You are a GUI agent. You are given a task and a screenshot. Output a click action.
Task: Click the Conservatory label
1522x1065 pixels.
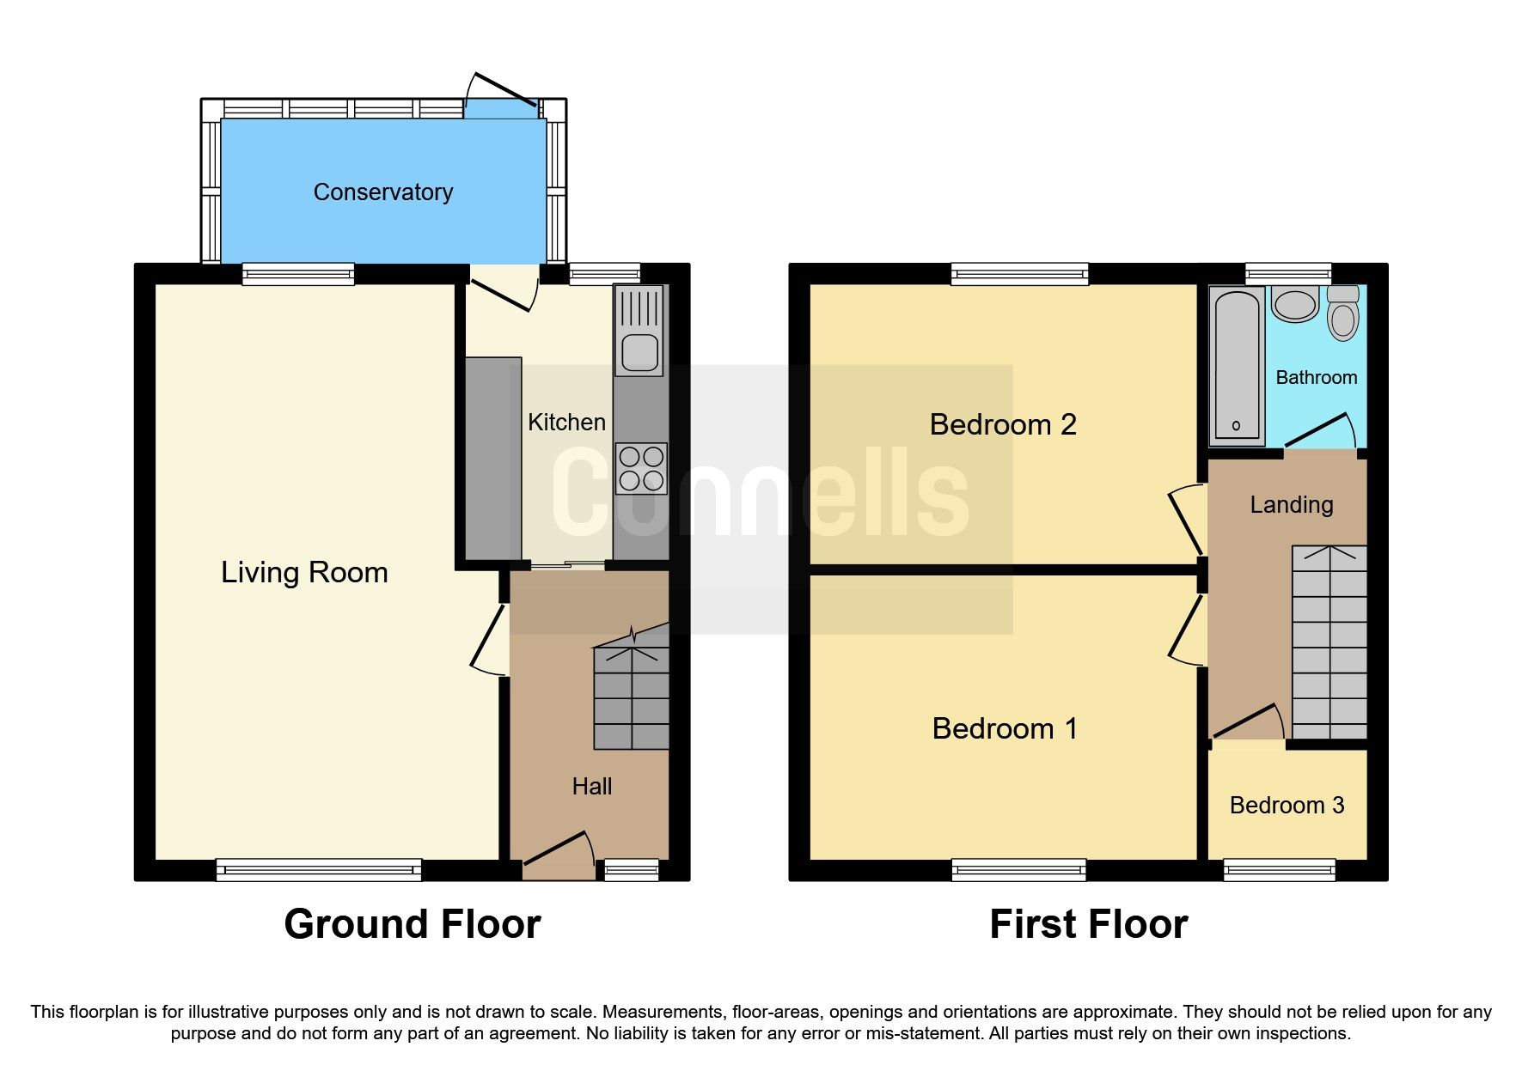coord(382,192)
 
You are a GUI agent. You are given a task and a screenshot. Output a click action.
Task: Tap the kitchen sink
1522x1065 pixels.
coord(639,332)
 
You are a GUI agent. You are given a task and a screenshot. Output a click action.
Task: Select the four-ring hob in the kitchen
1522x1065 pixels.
coord(641,468)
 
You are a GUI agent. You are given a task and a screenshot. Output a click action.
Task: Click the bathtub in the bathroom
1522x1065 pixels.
coord(1237,366)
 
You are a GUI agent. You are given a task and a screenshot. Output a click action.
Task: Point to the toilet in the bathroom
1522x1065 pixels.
coord(1342,313)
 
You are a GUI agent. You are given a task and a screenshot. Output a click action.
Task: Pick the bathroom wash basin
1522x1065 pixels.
coord(1294,304)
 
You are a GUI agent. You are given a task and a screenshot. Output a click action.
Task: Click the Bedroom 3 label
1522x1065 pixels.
coord(1287,805)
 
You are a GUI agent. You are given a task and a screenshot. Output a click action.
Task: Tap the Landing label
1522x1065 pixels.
coord(1291,504)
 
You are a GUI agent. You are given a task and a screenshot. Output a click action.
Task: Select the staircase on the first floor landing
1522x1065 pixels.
coord(1329,642)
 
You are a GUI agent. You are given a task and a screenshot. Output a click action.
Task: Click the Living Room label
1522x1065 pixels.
coord(304,572)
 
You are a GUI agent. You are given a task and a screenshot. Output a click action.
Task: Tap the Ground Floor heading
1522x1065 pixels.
coord(412,924)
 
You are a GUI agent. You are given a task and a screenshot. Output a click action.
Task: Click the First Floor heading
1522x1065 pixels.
coord(1088,924)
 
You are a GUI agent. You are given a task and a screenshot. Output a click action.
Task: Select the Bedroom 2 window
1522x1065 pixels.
coord(1019,274)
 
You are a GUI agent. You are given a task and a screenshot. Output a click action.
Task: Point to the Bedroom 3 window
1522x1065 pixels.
coord(1280,870)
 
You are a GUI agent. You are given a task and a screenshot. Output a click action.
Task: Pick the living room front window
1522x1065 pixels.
coord(319,870)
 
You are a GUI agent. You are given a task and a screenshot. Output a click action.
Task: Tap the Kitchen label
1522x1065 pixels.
coord(566,422)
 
